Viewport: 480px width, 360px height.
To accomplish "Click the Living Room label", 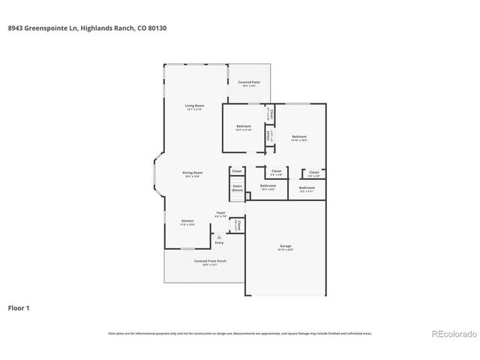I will click(x=194, y=106).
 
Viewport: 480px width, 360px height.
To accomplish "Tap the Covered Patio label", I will click(x=248, y=82).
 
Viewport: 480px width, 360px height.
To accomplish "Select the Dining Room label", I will click(x=193, y=173).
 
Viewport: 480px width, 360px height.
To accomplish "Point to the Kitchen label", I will click(x=187, y=221).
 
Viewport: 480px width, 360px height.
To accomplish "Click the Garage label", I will click(x=285, y=247).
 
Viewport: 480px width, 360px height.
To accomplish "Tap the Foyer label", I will click(x=221, y=214).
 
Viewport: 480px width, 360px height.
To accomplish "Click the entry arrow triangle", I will click(x=219, y=236).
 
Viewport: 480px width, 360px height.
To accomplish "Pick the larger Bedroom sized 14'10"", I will click(x=299, y=136).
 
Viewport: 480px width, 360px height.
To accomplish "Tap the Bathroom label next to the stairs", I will click(x=268, y=186).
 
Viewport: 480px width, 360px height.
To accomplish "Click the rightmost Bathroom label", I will click(x=307, y=188).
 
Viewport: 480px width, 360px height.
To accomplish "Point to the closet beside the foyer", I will click(x=237, y=225).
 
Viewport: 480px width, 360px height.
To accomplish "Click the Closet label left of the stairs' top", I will click(x=236, y=172).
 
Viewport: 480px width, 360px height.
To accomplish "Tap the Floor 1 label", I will click(x=19, y=307).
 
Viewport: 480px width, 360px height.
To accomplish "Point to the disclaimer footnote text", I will click(x=240, y=333).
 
